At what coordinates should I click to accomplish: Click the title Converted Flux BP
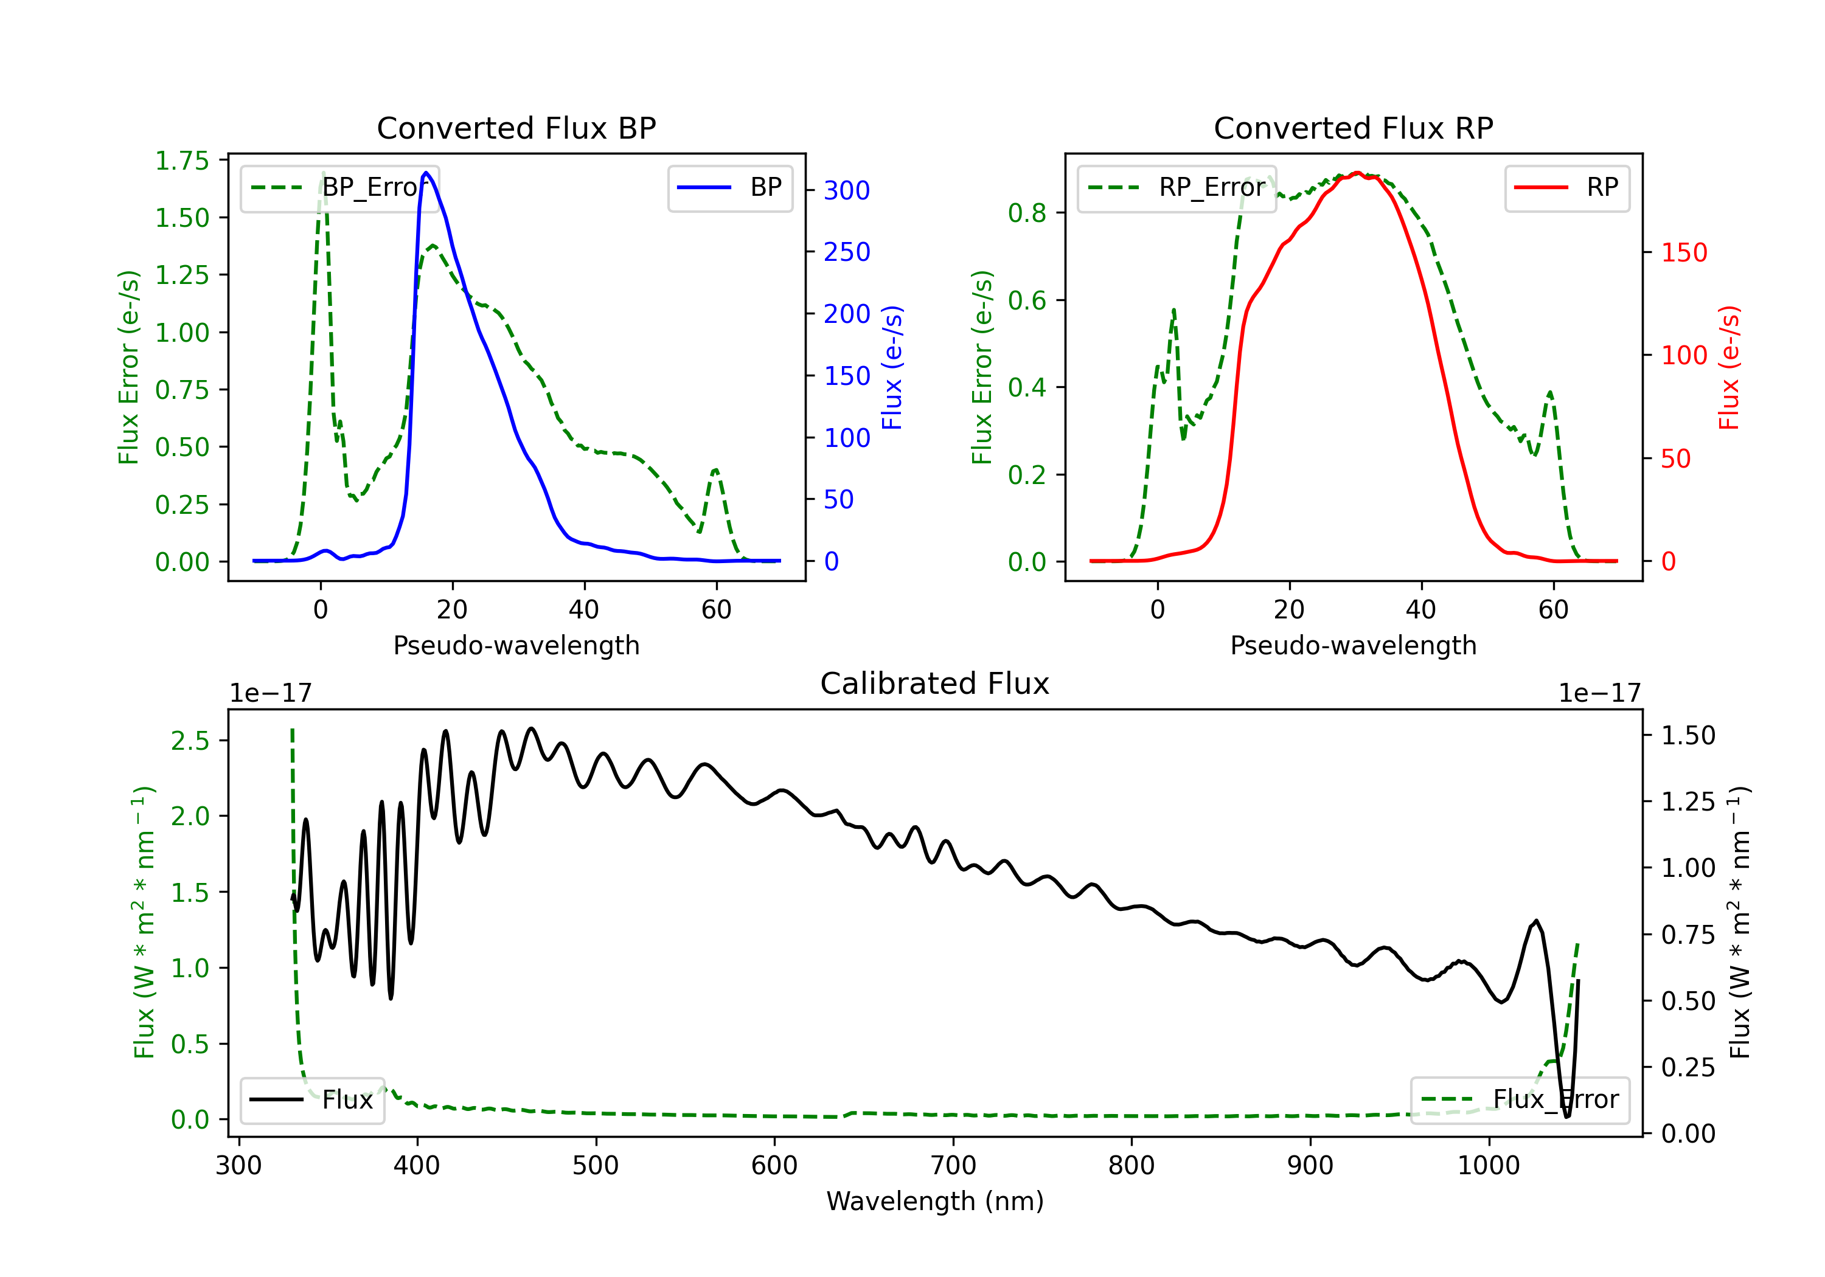coord(516,128)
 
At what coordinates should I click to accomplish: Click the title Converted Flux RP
coord(1354,128)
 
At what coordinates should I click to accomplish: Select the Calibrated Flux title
coord(935,683)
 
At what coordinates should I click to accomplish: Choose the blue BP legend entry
coord(729,187)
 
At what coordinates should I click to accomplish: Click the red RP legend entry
coord(1566,187)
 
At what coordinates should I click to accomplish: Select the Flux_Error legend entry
coord(1520,1100)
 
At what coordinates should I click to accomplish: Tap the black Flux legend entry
coord(311,1100)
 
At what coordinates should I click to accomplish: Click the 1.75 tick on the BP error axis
coord(182,161)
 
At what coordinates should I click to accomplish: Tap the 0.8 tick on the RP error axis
coord(1027,213)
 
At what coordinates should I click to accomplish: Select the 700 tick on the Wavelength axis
coord(953,1166)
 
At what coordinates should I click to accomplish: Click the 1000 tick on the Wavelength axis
coord(1489,1166)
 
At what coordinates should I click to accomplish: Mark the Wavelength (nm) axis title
coord(935,1202)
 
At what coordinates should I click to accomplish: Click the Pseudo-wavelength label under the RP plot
coord(1354,645)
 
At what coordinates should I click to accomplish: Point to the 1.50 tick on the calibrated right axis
coord(1688,736)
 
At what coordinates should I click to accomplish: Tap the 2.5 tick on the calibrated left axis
coord(190,741)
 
